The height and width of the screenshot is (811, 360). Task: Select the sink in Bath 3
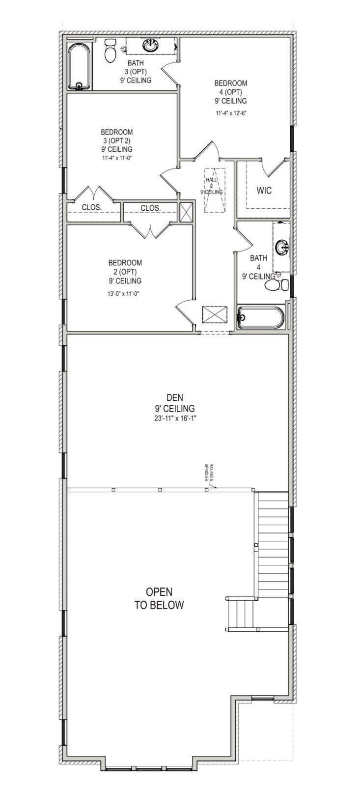[150, 46]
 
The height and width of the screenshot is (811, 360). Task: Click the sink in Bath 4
[282, 247]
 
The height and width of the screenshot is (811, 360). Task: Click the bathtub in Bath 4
[260, 318]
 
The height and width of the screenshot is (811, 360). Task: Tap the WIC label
[264, 190]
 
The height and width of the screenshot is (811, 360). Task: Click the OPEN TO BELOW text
[159, 598]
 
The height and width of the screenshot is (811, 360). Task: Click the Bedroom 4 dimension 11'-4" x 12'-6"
[230, 112]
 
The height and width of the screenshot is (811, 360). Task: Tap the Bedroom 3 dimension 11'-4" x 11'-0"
[117, 158]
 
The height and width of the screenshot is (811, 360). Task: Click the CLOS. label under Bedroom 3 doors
[91, 207]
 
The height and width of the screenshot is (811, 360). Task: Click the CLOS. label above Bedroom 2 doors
[150, 208]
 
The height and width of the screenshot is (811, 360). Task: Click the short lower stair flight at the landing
[242, 614]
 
